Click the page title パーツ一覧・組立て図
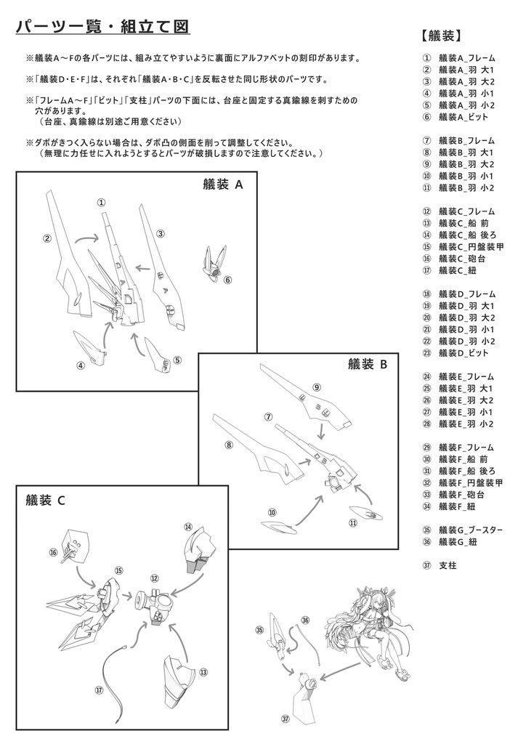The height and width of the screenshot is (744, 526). click(x=102, y=27)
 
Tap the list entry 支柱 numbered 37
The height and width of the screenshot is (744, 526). click(x=448, y=565)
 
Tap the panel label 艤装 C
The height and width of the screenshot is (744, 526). click(x=45, y=499)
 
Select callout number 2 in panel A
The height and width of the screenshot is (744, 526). click(x=46, y=238)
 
